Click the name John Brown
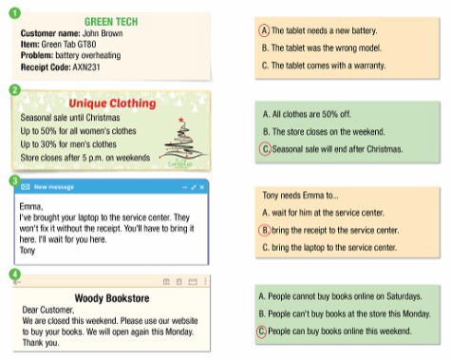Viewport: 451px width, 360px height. coord(100,32)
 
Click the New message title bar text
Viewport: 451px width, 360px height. coord(52,187)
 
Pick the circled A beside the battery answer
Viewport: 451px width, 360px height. coord(265,30)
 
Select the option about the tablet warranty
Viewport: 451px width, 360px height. coord(323,66)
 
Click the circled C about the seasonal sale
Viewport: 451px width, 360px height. coord(265,149)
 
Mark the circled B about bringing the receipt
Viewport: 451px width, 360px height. coord(265,229)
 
